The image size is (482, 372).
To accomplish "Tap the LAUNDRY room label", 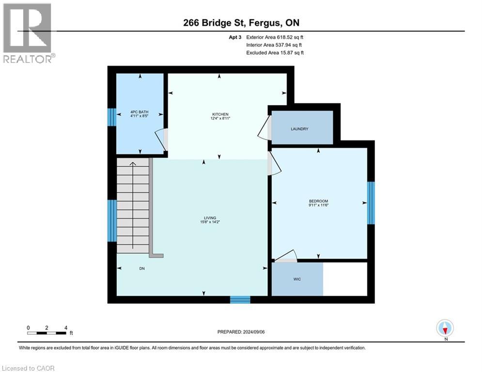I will [299, 129].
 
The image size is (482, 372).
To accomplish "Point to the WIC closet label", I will [297, 279].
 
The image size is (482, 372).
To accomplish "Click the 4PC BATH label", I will [140, 114].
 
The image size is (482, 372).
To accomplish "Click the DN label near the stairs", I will [142, 268].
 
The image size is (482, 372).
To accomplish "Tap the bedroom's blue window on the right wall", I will [371, 203].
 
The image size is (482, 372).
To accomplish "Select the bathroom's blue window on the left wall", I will [111, 117].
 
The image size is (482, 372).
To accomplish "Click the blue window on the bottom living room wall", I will [240, 300].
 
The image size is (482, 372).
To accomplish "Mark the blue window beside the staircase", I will [111, 220].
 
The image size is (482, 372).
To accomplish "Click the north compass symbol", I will [445, 328].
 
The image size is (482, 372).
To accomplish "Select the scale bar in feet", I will [47, 332].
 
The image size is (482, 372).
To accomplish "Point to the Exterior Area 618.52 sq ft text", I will [275, 37].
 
